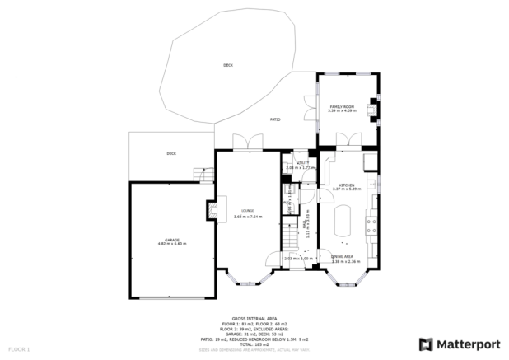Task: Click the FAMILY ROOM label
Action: click(342, 108)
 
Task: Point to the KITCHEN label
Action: click(343, 186)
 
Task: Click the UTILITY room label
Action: click(302, 164)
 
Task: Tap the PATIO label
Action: click(276, 120)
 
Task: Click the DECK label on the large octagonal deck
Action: click(227, 64)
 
